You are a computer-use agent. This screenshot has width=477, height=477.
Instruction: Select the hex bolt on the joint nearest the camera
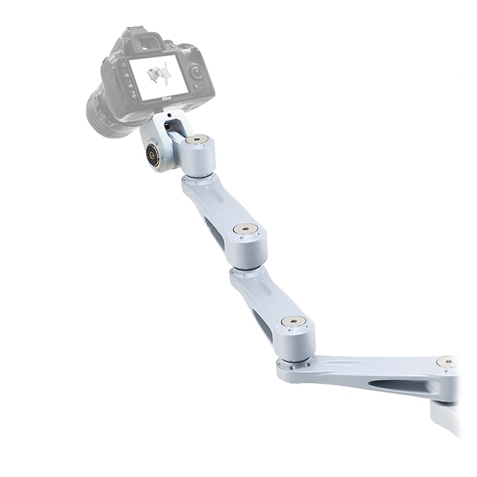pyautogui.click(x=197, y=139)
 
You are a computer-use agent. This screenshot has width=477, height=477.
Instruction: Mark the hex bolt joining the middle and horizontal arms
pyautogui.click(x=294, y=321)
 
